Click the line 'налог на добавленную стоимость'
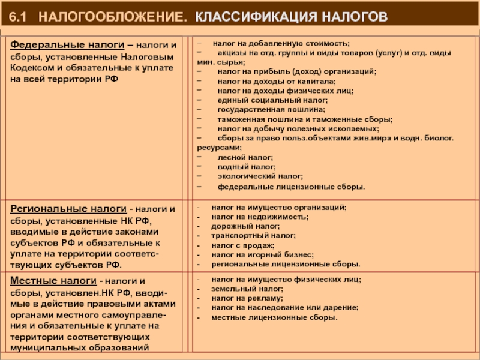click(x=280, y=44)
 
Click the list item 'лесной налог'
click(x=240, y=156)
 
